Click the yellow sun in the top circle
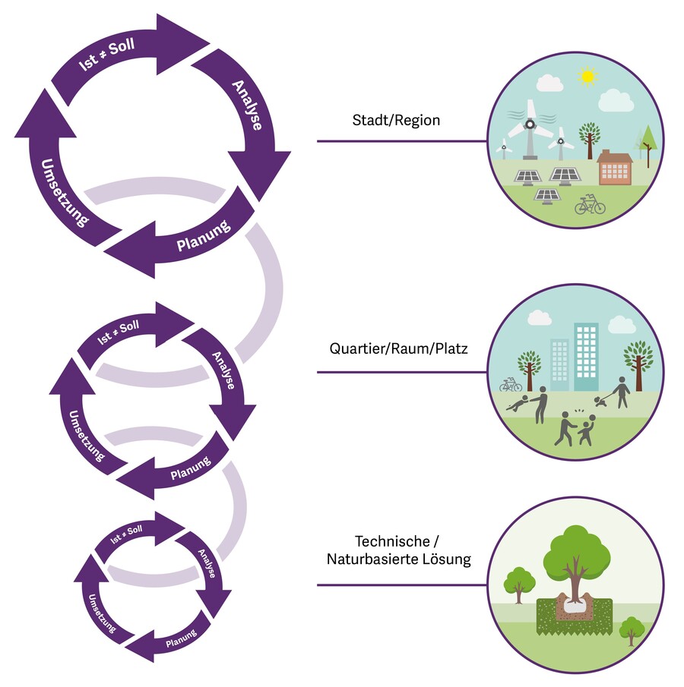click(x=586, y=76)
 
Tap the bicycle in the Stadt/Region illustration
click(x=590, y=205)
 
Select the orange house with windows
click(x=615, y=168)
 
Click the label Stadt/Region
click(x=396, y=120)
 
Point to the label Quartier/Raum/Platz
click(x=399, y=350)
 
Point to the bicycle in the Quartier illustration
click(x=511, y=385)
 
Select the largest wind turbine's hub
click(x=530, y=124)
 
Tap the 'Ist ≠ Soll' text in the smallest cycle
click(x=126, y=534)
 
